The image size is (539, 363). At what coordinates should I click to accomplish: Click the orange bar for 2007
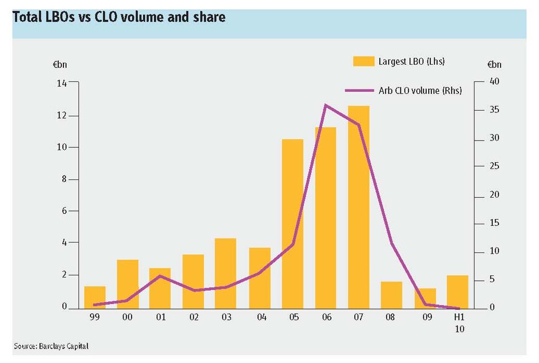tap(359, 207)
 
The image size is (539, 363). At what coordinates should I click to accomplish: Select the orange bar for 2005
tap(292, 224)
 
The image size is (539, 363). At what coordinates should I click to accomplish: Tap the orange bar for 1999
tap(95, 297)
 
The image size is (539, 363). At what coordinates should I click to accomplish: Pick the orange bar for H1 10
tap(458, 292)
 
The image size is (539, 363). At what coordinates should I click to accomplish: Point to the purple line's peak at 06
tap(326, 105)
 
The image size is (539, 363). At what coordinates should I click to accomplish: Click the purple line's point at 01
tap(160, 276)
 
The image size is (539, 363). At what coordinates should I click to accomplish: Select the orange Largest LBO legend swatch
tap(364, 61)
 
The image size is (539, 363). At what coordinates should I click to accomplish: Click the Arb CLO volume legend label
tap(420, 91)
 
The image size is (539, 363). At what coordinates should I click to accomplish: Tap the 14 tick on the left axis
tap(62, 83)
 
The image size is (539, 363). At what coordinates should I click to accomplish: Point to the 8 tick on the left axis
tap(64, 179)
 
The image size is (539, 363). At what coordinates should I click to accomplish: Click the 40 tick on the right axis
tap(494, 81)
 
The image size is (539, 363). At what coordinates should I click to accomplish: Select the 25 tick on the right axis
tap(494, 166)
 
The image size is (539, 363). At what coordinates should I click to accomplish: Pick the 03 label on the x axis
tap(227, 317)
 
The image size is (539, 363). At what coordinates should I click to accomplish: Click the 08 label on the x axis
tap(390, 317)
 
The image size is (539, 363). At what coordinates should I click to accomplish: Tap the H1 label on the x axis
tap(459, 317)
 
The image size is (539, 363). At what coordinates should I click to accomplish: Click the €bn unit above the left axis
tap(60, 65)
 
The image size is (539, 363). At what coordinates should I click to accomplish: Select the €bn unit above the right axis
tap(494, 64)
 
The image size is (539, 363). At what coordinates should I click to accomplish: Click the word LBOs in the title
tap(60, 17)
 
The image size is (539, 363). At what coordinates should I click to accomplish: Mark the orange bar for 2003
tap(225, 274)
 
